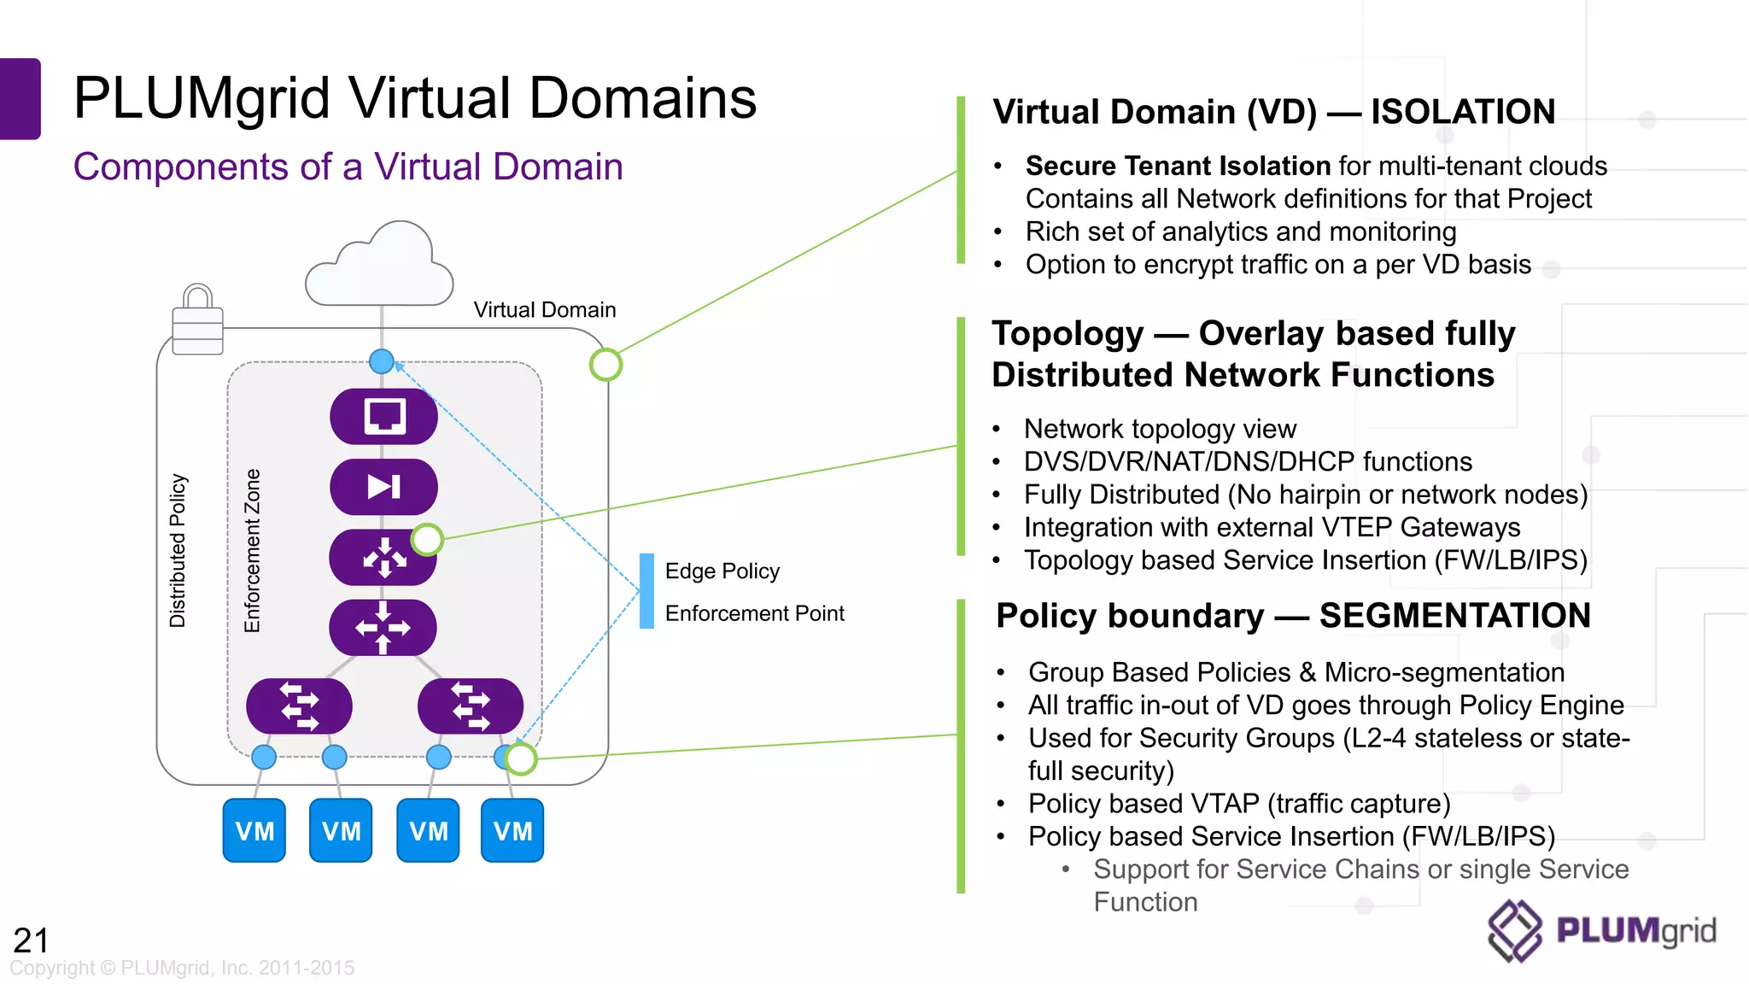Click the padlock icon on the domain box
(x=197, y=320)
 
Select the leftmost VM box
(x=254, y=830)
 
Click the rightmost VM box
(x=512, y=830)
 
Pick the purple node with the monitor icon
(x=384, y=417)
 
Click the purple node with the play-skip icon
(x=384, y=487)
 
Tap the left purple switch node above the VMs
(x=299, y=706)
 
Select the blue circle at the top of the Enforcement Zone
(x=382, y=361)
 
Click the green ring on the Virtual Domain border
(x=605, y=365)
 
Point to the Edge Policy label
(x=722, y=571)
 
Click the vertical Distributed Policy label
(x=178, y=551)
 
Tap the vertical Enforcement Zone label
(x=252, y=551)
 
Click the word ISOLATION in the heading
(x=1463, y=112)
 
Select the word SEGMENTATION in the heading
(x=1454, y=616)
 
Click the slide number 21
(x=31, y=940)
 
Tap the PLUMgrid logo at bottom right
(x=1602, y=931)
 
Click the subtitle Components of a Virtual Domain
(x=348, y=167)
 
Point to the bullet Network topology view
(x=1160, y=429)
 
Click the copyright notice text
(x=182, y=969)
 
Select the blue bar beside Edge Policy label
(x=647, y=591)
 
